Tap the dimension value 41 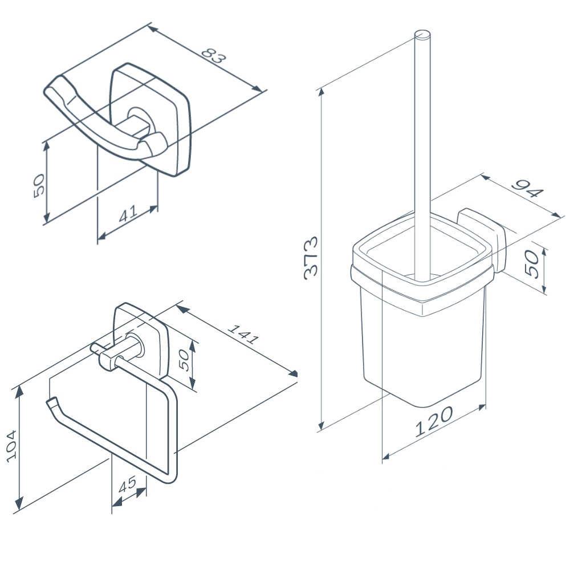(128, 213)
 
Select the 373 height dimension (311, 258)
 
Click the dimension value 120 (434, 421)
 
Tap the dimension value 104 (11, 446)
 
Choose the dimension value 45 (127, 484)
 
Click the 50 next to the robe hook (39, 186)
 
